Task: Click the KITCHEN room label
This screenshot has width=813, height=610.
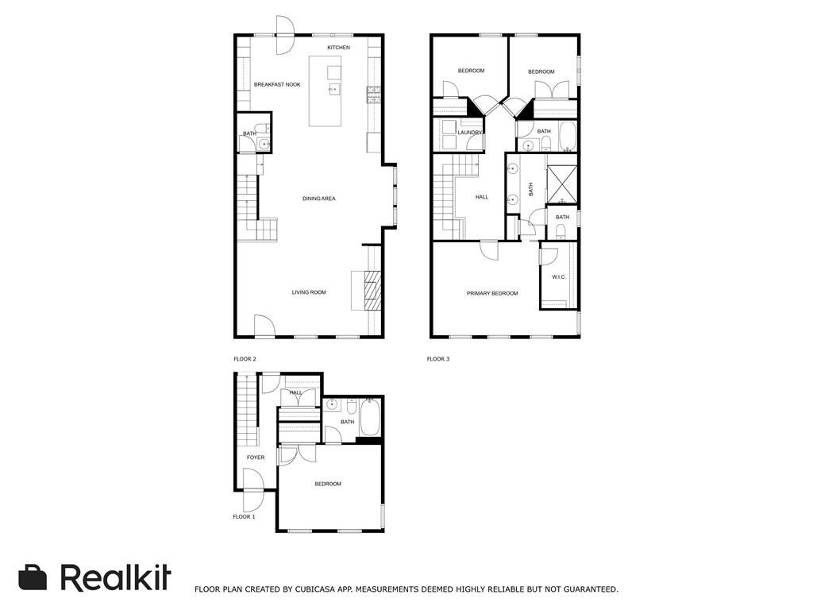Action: coord(338,48)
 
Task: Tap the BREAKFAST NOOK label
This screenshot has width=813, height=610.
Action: coord(277,84)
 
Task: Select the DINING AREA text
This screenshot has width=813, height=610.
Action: coord(318,199)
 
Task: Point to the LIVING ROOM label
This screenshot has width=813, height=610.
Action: coord(309,292)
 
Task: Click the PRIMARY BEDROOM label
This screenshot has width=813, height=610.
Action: coord(492,293)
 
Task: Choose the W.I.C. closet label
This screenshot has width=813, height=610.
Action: coord(558,276)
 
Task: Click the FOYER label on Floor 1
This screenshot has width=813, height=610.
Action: coord(256,457)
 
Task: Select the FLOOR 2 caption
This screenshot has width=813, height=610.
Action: coord(245,359)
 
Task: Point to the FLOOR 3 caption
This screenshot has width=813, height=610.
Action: coord(438,359)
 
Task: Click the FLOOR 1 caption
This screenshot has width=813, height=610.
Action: coord(244,517)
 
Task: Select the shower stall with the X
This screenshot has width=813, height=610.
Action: coord(562,184)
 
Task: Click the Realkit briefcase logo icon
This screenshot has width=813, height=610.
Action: coord(33,577)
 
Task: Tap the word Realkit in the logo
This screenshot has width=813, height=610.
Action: coord(115,577)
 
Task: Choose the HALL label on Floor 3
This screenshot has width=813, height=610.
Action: coord(482,197)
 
